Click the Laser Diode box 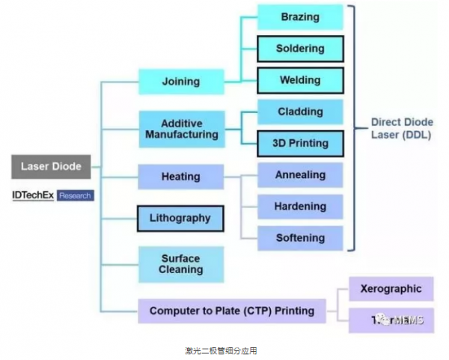coord(50,166)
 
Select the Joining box coord(180,81)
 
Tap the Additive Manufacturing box coord(180,129)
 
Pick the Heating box coord(180,177)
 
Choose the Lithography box coord(180,219)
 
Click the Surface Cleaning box coord(180,263)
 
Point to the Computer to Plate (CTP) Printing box coord(231,310)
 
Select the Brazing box coord(300,17)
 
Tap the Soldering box coord(300,49)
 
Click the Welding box coord(300,80)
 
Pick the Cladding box coord(300,112)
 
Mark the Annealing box coord(300,174)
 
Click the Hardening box coord(300,206)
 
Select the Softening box coord(300,237)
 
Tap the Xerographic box coord(391,289)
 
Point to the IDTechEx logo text coord(31,195)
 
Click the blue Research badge coord(75,195)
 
